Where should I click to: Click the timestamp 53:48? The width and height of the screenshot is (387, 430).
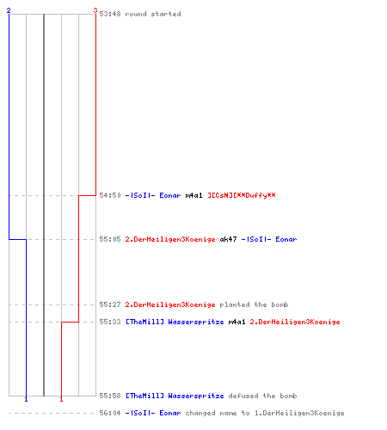[110, 14]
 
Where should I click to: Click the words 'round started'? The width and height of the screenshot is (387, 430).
[153, 14]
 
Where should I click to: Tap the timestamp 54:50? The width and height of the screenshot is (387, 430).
[110, 195]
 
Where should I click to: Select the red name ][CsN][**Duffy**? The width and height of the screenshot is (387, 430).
[242, 195]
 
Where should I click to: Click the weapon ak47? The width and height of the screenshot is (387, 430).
[228, 239]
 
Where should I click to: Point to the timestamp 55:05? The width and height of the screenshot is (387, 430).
[110, 239]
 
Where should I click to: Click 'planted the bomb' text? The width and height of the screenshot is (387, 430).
[254, 304]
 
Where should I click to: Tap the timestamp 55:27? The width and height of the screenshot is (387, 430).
[110, 304]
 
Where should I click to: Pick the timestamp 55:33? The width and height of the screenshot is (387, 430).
[110, 322]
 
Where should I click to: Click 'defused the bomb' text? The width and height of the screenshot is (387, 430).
[262, 396]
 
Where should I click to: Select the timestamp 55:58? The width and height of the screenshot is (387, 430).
[110, 396]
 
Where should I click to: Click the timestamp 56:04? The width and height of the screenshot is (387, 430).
[110, 413]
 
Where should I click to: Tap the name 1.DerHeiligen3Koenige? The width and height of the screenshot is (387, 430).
[299, 413]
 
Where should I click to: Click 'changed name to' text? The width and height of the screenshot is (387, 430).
[218, 413]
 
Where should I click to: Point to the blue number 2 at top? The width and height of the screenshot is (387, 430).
[9, 10]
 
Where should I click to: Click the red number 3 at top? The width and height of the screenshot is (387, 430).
[95, 10]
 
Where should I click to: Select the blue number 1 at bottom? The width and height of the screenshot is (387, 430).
[26, 399]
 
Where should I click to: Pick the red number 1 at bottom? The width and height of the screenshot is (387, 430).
[61, 399]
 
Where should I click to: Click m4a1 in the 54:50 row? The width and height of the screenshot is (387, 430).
[193, 195]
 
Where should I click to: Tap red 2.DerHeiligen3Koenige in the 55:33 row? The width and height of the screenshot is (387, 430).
[295, 322]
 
